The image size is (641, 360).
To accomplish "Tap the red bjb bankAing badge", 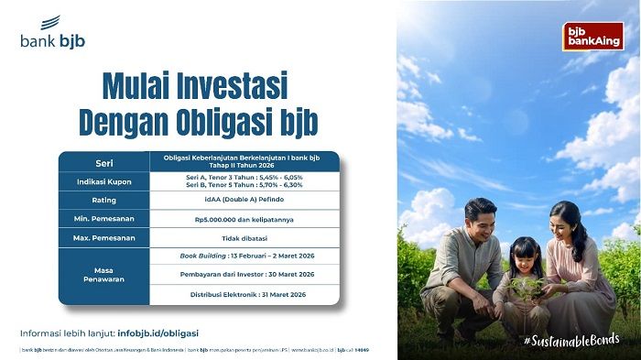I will click(592, 36).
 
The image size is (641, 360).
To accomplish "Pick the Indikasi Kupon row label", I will click(103, 182).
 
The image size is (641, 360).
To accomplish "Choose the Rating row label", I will click(103, 201).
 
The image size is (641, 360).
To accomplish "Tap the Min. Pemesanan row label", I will click(103, 220).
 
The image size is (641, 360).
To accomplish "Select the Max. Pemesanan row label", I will click(103, 238).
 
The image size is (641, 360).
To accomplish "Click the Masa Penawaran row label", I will click(103, 275).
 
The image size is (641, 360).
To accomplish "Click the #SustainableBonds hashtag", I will click(571, 340).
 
